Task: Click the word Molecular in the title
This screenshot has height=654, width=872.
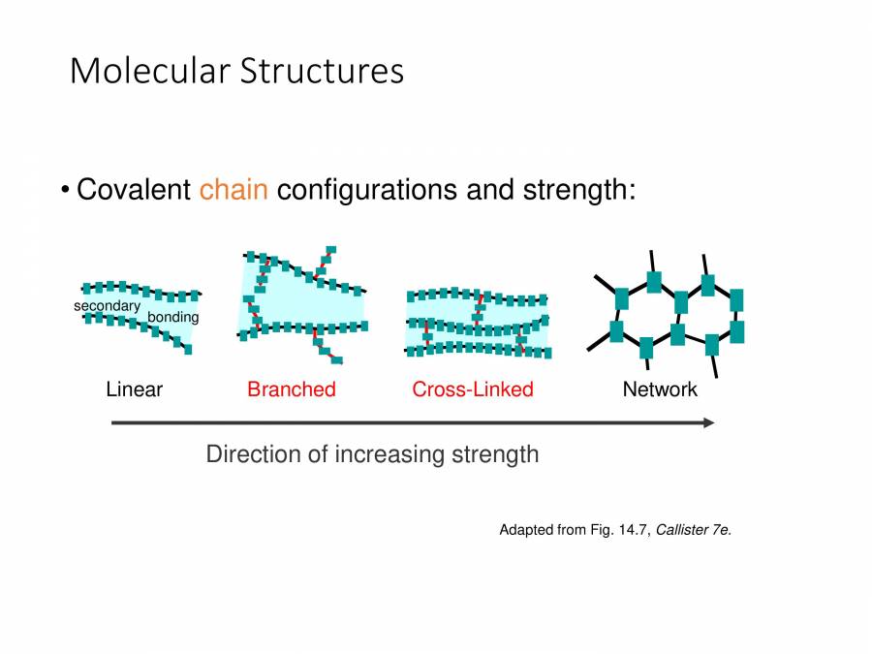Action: [x=149, y=71]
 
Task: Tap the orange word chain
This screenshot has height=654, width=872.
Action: [x=234, y=189]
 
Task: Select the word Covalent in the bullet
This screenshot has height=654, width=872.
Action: [x=134, y=189]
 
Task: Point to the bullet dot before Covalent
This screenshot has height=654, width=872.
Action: [x=64, y=189]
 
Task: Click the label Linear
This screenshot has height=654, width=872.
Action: [x=134, y=389]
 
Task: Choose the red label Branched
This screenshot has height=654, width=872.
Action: [x=291, y=389]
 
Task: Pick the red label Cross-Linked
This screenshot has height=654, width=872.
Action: [x=472, y=389]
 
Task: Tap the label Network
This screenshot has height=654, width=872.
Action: [x=659, y=389]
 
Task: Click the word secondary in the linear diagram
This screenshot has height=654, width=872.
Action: [x=107, y=306]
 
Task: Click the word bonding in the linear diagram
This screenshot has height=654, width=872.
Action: [x=172, y=317]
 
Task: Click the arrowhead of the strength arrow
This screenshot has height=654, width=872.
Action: [x=709, y=422]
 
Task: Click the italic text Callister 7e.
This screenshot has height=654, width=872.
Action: [x=694, y=530]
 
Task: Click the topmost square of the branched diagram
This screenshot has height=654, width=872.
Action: [x=330, y=250]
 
